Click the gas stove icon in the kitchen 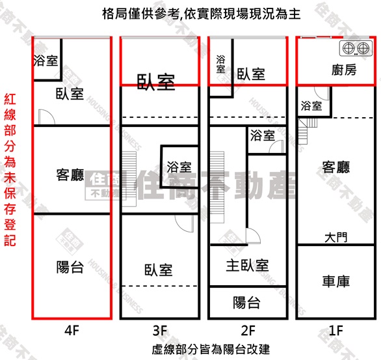356,48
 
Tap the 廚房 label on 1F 344,70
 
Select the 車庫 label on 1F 336,281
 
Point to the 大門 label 336,237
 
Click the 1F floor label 335,330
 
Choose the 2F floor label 248,330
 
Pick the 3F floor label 160,330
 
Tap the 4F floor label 72,330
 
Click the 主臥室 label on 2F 247,265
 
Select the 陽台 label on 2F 247,302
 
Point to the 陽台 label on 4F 70,267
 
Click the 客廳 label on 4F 70,174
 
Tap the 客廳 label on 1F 336,167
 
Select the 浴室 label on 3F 179,167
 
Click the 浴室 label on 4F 46,61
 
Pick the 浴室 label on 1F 311,106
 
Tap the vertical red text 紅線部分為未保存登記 10,169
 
